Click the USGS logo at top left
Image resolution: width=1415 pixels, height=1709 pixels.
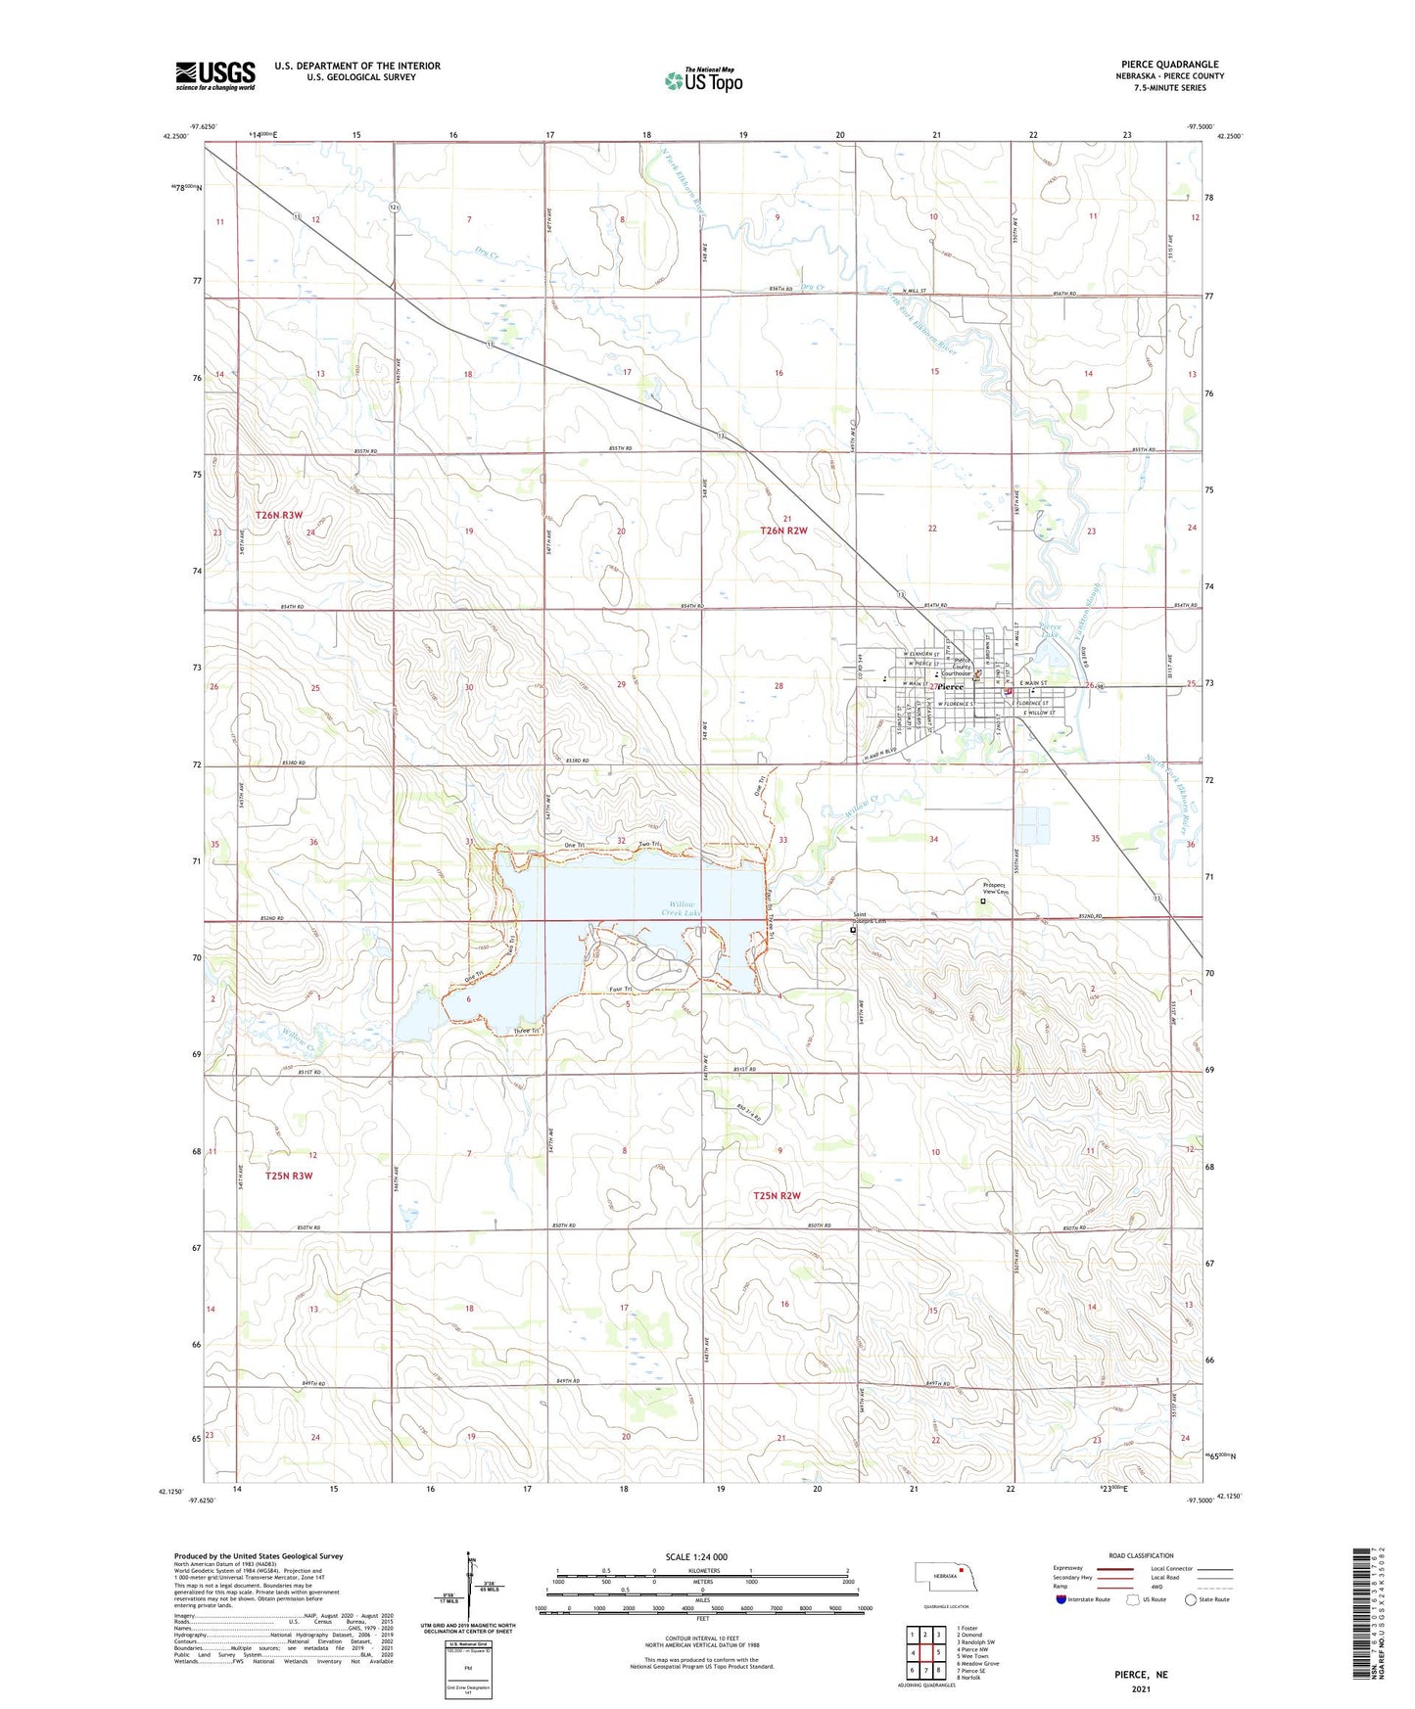tap(215, 75)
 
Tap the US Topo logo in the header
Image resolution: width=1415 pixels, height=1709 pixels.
tap(703, 79)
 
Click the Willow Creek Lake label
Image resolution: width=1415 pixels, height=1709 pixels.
tap(675, 908)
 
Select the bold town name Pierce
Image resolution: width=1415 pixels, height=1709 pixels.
tap(948, 687)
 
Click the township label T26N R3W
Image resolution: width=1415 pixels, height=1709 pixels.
tap(279, 515)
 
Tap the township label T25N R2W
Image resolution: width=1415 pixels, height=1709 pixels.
tap(777, 1196)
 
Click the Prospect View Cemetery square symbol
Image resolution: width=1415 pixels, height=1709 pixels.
tap(983, 902)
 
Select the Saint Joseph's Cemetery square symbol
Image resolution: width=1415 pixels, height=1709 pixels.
tap(853, 931)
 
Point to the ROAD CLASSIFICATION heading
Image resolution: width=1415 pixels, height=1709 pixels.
tap(1142, 1555)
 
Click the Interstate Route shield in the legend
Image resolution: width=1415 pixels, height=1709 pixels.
tap(1061, 1599)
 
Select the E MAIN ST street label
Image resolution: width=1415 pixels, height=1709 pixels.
tap(1033, 683)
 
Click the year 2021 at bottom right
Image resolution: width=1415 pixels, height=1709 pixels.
tap(1141, 1689)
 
